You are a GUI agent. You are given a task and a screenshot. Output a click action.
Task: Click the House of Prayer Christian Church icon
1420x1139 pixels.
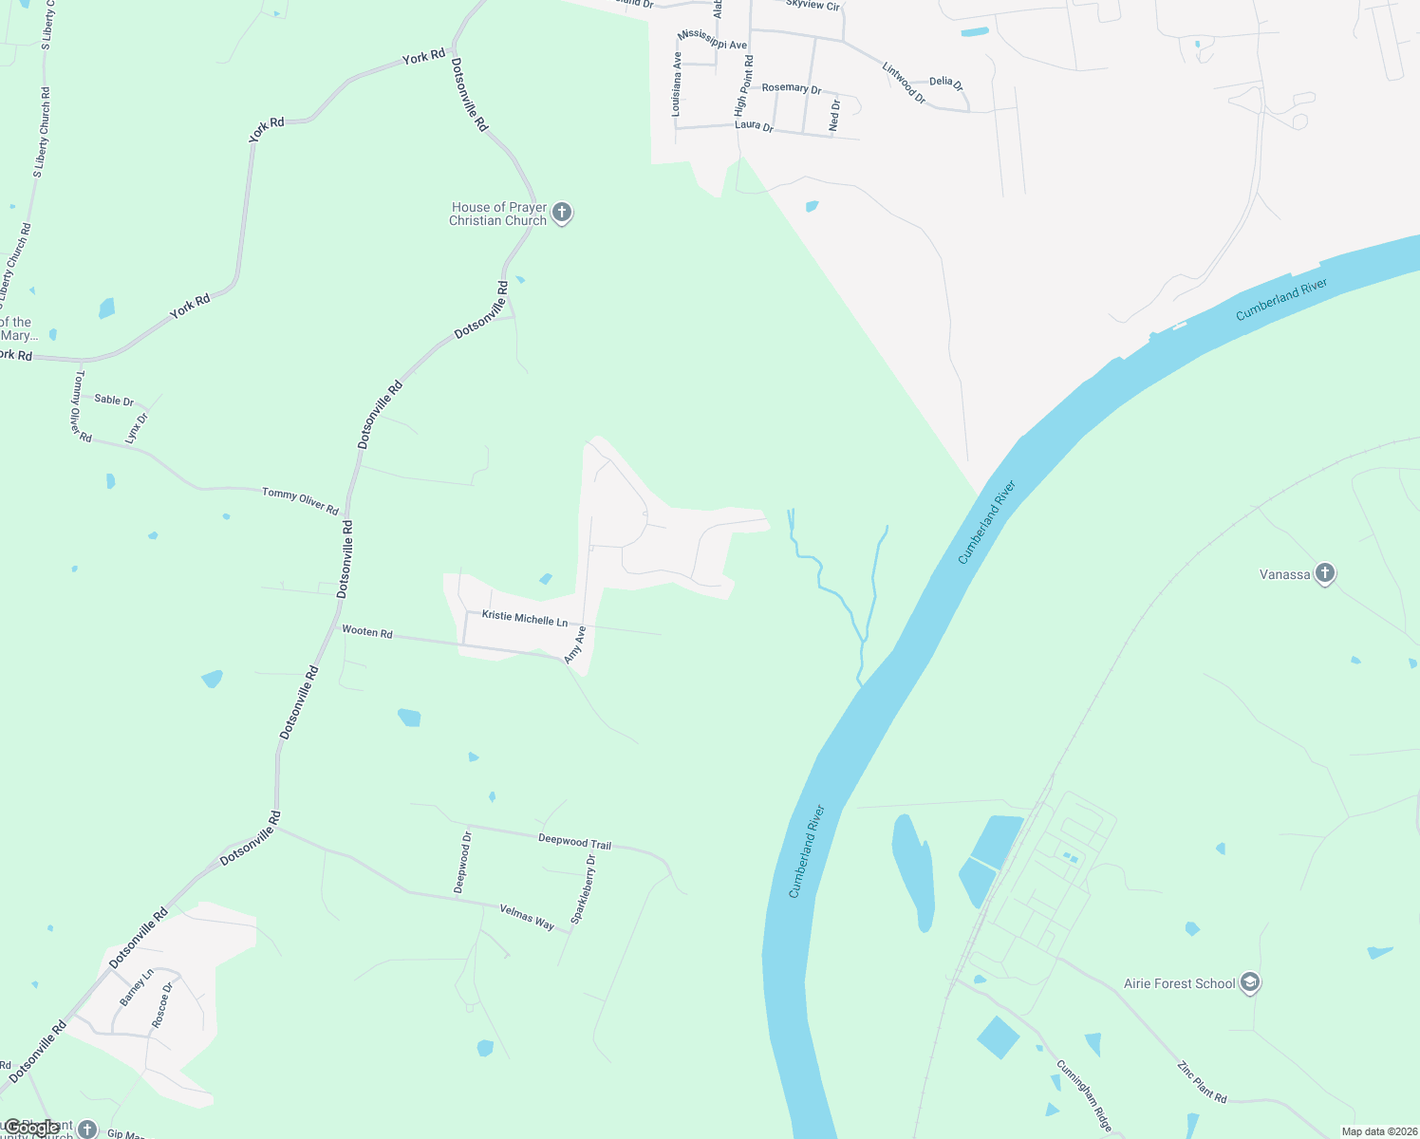pos(562,213)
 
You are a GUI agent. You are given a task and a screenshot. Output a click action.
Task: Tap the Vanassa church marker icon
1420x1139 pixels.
pos(1325,573)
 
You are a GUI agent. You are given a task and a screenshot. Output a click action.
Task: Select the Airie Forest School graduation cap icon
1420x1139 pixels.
pos(1250,983)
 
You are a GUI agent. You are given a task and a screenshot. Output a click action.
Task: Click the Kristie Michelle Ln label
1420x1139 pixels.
pos(524,618)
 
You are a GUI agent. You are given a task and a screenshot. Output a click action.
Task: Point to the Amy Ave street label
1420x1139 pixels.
pos(575,644)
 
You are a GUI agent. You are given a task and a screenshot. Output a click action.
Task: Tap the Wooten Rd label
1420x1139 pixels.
pos(366,631)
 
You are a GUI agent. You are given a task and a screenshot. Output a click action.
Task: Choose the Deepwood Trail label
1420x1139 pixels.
pos(574,841)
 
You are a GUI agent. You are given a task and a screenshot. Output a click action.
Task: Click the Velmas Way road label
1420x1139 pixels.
pos(527,917)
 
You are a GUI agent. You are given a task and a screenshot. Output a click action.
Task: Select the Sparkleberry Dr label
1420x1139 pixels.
pos(583,889)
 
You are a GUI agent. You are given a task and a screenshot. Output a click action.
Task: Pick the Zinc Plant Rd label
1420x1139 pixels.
pos(1202,1082)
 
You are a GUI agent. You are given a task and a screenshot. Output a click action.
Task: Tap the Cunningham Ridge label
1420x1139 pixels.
pos(1084,1095)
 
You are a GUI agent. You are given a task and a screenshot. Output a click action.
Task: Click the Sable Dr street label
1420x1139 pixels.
pos(114,401)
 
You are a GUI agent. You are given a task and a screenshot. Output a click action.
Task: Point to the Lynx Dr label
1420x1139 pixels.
pos(137,427)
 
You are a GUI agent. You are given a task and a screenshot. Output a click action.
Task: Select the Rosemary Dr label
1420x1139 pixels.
pos(792,88)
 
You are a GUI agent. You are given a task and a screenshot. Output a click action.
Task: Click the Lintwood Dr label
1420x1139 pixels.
pos(904,83)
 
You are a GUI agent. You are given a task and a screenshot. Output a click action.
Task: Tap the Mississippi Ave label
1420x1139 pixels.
pos(712,39)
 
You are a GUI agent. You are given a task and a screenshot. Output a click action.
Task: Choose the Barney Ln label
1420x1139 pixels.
pos(136,987)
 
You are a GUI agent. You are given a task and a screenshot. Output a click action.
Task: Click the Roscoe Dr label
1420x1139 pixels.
pos(162,1005)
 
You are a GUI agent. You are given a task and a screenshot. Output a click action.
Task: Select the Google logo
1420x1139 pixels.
pos(30,1128)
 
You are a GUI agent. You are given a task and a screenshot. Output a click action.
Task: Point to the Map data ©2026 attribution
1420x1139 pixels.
pos(1376,1131)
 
